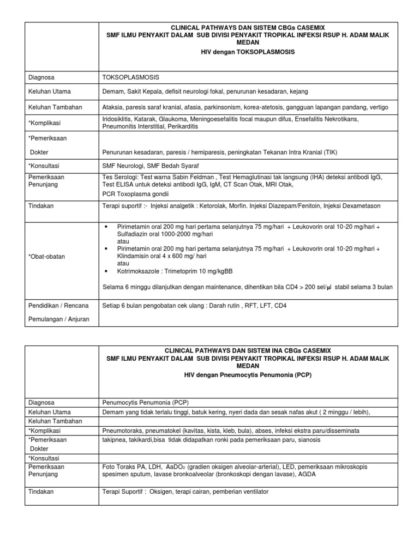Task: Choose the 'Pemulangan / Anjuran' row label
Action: (58, 319)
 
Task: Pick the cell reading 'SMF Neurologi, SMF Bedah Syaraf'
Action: (148, 165)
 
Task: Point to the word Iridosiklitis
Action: (119, 119)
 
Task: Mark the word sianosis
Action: (308, 439)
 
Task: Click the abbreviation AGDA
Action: (306, 474)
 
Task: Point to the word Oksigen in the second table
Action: (164, 492)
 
